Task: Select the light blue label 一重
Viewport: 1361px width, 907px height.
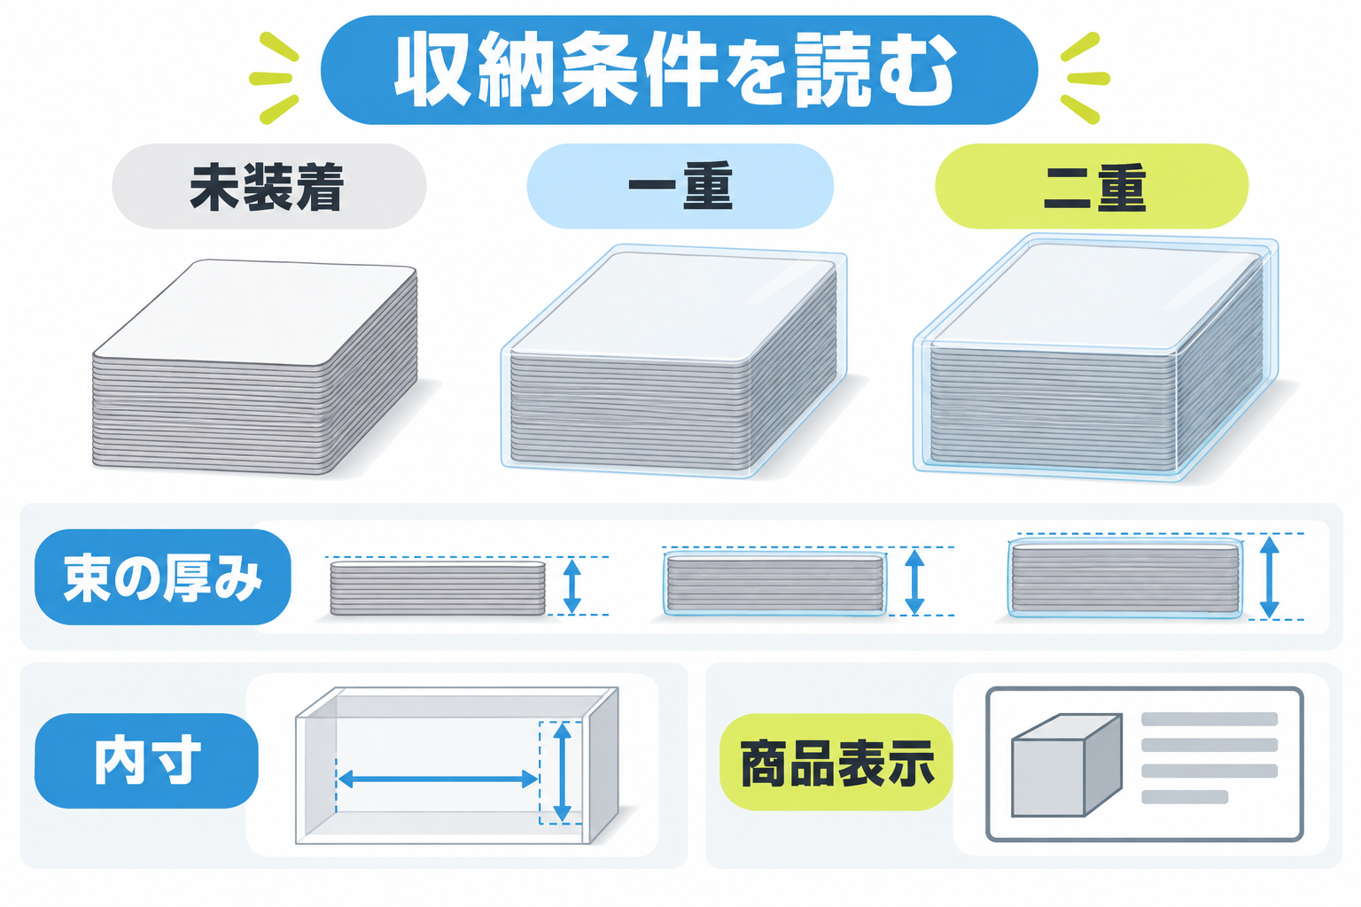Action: point(680,187)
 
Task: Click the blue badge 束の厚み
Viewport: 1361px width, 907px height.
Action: point(163,577)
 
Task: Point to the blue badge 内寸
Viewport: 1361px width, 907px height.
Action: point(146,761)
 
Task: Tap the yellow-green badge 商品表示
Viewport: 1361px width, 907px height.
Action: point(836,763)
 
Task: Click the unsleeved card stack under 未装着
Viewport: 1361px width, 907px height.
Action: point(254,367)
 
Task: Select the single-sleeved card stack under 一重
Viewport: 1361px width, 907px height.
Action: point(673,361)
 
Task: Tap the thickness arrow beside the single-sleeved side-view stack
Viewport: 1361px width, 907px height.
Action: point(914,582)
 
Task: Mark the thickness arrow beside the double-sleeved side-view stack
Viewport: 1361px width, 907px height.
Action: point(1269,578)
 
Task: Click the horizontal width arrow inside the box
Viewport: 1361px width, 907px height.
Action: point(438,779)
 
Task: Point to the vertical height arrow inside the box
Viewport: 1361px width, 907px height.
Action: point(562,771)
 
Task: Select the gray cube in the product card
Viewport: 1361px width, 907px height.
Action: point(1066,765)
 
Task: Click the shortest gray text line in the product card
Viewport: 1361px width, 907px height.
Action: point(1185,797)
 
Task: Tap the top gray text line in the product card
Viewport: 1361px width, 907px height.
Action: point(1209,719)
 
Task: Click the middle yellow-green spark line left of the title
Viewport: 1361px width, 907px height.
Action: point(271,79)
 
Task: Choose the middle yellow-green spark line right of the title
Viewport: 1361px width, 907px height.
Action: point(1088,78)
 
